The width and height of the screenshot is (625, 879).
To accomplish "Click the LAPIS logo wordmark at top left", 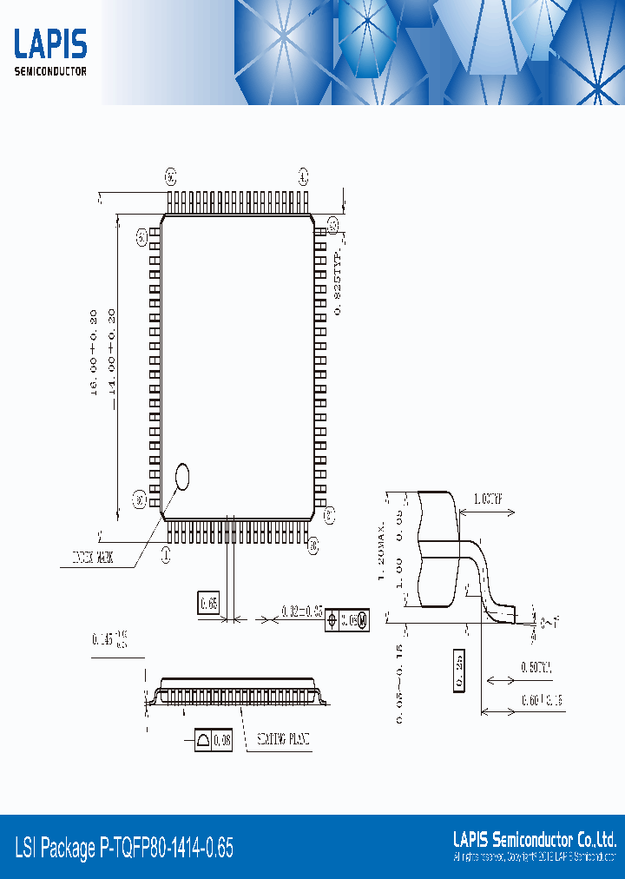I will coord(50,44).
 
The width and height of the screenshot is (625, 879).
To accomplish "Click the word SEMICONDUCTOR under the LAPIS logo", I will coord(50,71).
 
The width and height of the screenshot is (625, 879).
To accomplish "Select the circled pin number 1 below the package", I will coord(167,550).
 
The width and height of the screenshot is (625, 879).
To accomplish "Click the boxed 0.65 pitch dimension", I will coord(209,602).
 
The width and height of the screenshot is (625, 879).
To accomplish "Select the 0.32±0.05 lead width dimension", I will coord(302,612).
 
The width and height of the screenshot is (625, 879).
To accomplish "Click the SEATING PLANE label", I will coord(283,741).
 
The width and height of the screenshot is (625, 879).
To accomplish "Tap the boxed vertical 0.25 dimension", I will coord(459,671).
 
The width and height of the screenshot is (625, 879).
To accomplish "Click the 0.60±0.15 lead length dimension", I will coord(543,699).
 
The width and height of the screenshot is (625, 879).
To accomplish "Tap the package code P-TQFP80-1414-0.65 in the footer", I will coord(124,848).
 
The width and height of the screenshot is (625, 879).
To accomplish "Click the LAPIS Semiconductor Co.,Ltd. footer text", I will coord(535,839).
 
